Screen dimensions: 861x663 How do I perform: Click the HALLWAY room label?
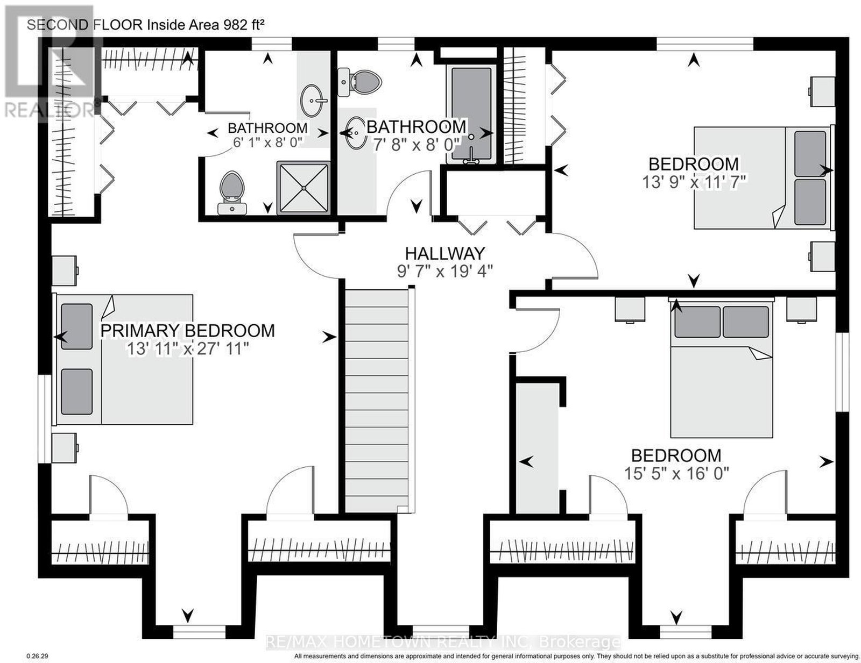(x=444, y=253)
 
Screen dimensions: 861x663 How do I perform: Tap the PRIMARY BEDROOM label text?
(x=187, y=331)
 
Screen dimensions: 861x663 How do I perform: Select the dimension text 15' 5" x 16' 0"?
(x=677, y=473)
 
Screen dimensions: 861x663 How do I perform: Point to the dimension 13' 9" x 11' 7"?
(x=694, y=182)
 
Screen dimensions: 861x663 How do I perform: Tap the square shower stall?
(x=304, y=188)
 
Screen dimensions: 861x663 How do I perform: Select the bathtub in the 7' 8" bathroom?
(x=471, y=115)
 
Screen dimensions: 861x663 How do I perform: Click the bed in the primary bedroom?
(x=124, y=359)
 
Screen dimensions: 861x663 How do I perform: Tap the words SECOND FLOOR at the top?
(x=85, y=25)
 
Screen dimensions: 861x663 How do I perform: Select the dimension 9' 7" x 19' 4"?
(x=445, y=272)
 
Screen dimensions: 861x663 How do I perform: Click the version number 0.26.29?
(x=37, y=656)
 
